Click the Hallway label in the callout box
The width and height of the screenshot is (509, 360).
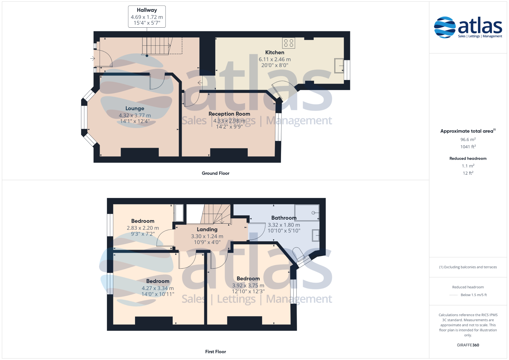click(147, 10)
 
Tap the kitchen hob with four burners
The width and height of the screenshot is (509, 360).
click(289, 43)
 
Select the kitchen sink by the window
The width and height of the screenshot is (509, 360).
click(339, 66)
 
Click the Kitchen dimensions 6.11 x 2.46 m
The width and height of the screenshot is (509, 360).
click(275, 59)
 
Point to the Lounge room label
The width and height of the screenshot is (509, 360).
click(135, 108)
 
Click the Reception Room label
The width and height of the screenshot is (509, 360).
click(229, 114)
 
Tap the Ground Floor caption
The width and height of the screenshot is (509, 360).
click(215, 173)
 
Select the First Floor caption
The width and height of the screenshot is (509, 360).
click(215, 352)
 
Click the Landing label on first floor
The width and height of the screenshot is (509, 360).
click(207, 230)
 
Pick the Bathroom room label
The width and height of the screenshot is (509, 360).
click(284, 218)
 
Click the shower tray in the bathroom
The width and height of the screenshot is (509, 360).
click(307, 213)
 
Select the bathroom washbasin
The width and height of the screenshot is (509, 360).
click(316, 235)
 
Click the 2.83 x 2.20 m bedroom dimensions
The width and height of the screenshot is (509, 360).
click(143, 228)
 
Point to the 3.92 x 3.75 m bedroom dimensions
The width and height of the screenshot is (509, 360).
click(248, 285)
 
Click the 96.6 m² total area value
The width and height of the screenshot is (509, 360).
click(468, 140)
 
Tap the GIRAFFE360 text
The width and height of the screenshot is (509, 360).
click(468, 345)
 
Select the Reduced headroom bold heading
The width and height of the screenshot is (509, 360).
click(468, 158)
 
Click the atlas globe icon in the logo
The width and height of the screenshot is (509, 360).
click(445, 27)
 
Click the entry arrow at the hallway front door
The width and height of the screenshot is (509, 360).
click(92, 58)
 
